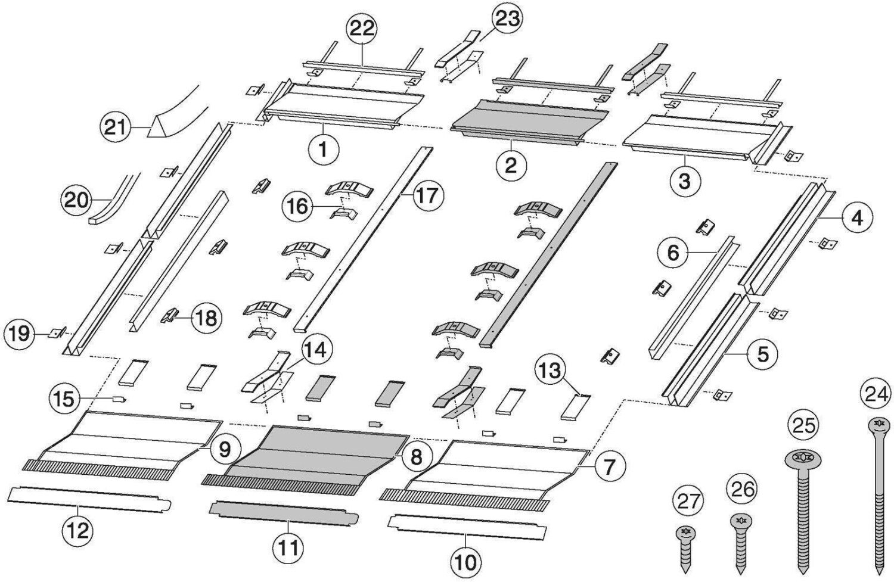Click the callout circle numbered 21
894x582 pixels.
coord(115,127)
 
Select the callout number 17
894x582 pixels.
coord(427,195)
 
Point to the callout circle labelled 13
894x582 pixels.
coord(550,371)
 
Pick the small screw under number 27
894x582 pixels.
coord(687,531)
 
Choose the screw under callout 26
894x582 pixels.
coord(741,522)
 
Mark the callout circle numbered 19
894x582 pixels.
coord(19,333)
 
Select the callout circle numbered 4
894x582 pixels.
coord(856,218)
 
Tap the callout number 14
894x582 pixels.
coord(315,350)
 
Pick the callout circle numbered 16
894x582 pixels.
coord(298,206)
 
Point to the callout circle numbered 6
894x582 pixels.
coord(673,253)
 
